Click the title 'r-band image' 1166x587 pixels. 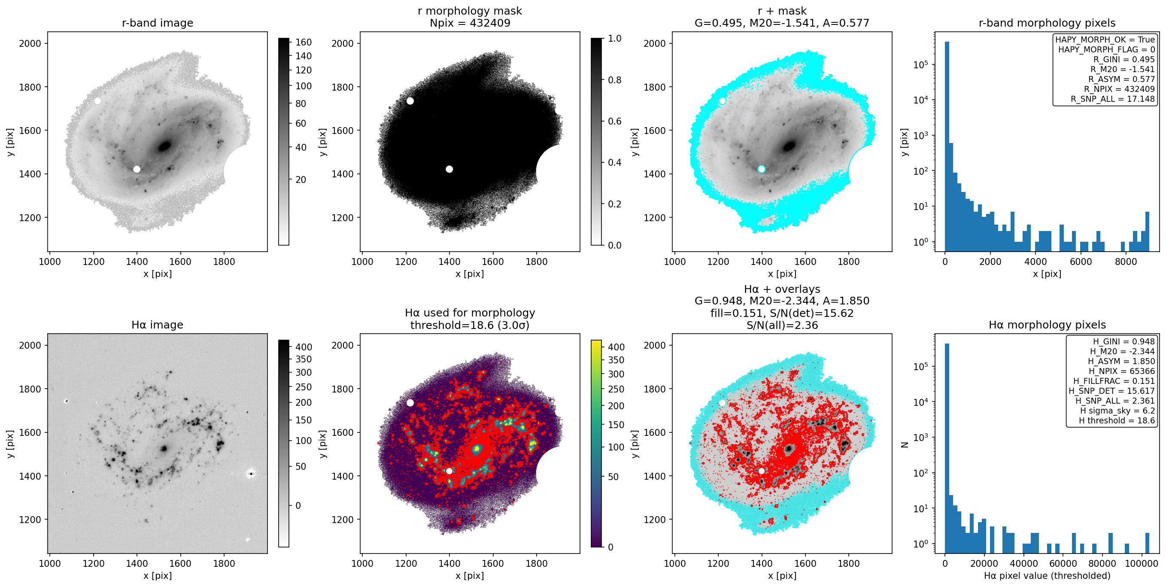pos(158,23)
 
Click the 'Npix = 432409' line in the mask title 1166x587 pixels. pos(470,23)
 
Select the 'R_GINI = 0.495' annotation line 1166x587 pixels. pos(1124,59)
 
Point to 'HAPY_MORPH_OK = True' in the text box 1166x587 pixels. pos(1105,40)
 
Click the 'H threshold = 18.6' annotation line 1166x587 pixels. pos(1117,420)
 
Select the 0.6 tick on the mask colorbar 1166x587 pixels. pos(614,121)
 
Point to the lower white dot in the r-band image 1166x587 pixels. pos(137,169)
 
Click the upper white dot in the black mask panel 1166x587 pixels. pos(410,101)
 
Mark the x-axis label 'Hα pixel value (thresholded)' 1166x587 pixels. pos(1047,576)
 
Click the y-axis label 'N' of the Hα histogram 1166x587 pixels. pos(905,444)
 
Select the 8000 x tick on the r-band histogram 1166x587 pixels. pos(1126,262)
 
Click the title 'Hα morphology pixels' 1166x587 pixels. pos(1047,325)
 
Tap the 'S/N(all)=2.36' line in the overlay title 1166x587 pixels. pos(782,325)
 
